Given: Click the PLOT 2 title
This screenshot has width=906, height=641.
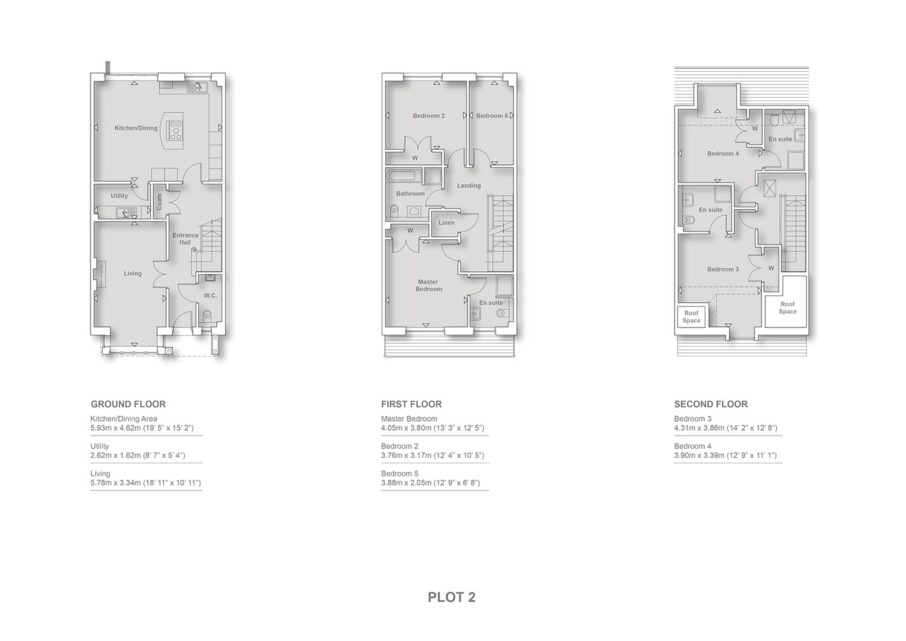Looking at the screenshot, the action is [451, 597].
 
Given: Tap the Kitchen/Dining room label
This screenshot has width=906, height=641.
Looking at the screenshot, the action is [136, 128].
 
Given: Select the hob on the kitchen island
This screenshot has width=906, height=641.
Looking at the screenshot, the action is [176, 130].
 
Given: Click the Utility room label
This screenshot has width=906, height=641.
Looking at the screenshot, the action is [120, 196].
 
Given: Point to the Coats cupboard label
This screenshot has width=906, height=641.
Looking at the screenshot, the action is [159, 202].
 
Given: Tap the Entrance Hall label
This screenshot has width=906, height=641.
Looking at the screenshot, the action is [185, 239].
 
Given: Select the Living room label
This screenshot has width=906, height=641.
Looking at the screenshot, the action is [133, 274].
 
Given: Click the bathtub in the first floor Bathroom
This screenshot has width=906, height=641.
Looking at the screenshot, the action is [403, 176].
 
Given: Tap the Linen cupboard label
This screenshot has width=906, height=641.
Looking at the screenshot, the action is [446, 222].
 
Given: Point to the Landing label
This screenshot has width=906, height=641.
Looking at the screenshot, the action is [469, 185].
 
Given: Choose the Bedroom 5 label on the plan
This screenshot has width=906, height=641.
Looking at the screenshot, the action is [492, 116].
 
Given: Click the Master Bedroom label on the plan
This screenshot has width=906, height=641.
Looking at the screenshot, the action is [428, 285].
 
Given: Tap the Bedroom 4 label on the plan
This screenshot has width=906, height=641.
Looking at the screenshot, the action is [723, 154].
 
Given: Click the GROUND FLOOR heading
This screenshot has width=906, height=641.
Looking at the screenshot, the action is [128, 404].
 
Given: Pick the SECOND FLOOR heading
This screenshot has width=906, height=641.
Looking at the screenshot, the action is [711, 404].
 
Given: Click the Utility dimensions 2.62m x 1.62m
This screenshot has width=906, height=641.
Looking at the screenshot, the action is [138, 456].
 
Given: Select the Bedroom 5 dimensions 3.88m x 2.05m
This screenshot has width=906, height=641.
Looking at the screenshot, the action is [430, 483].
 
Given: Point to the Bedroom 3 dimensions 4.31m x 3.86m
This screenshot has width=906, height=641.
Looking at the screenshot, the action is [725, 428].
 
